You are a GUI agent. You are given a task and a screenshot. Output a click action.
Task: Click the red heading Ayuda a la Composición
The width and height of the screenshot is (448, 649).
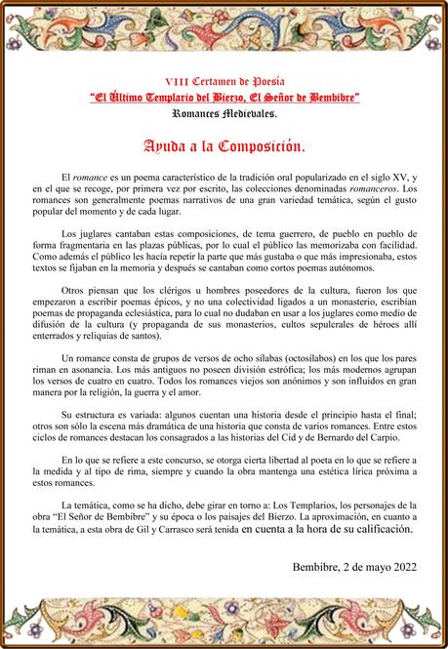(x=224, y=147)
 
